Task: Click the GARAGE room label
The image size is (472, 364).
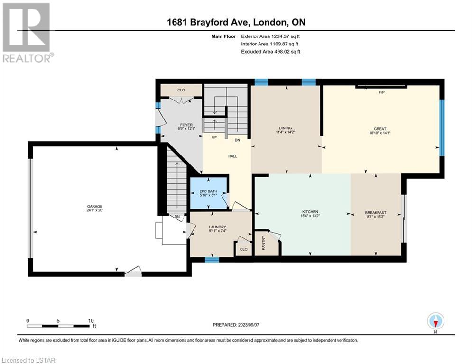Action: (94, 206)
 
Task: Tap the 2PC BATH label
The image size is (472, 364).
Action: (208, 191)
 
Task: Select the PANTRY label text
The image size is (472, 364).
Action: (264, 243)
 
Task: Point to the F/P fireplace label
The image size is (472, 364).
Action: (382, 92)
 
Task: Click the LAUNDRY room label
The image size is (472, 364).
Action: (217, 227)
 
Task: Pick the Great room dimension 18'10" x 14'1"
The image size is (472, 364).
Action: (380, 133)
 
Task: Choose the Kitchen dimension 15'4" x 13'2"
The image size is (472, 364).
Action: (310, 216)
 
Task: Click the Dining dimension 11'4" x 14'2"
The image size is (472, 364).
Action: (286, 132)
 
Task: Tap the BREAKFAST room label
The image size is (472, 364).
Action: (376, 213)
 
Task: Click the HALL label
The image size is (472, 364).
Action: (233, 156)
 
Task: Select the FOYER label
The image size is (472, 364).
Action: (186, 125)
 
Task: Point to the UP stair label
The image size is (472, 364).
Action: (214, 137)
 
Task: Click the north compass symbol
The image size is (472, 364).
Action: (435, 321)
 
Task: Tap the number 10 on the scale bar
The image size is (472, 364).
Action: (91, 321)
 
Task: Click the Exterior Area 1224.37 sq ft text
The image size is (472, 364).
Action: (270, 36)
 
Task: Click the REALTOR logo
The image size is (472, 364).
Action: (27, 33)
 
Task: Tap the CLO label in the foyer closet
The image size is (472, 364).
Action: (181, 90)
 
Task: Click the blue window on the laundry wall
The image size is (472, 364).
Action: (212, 260)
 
